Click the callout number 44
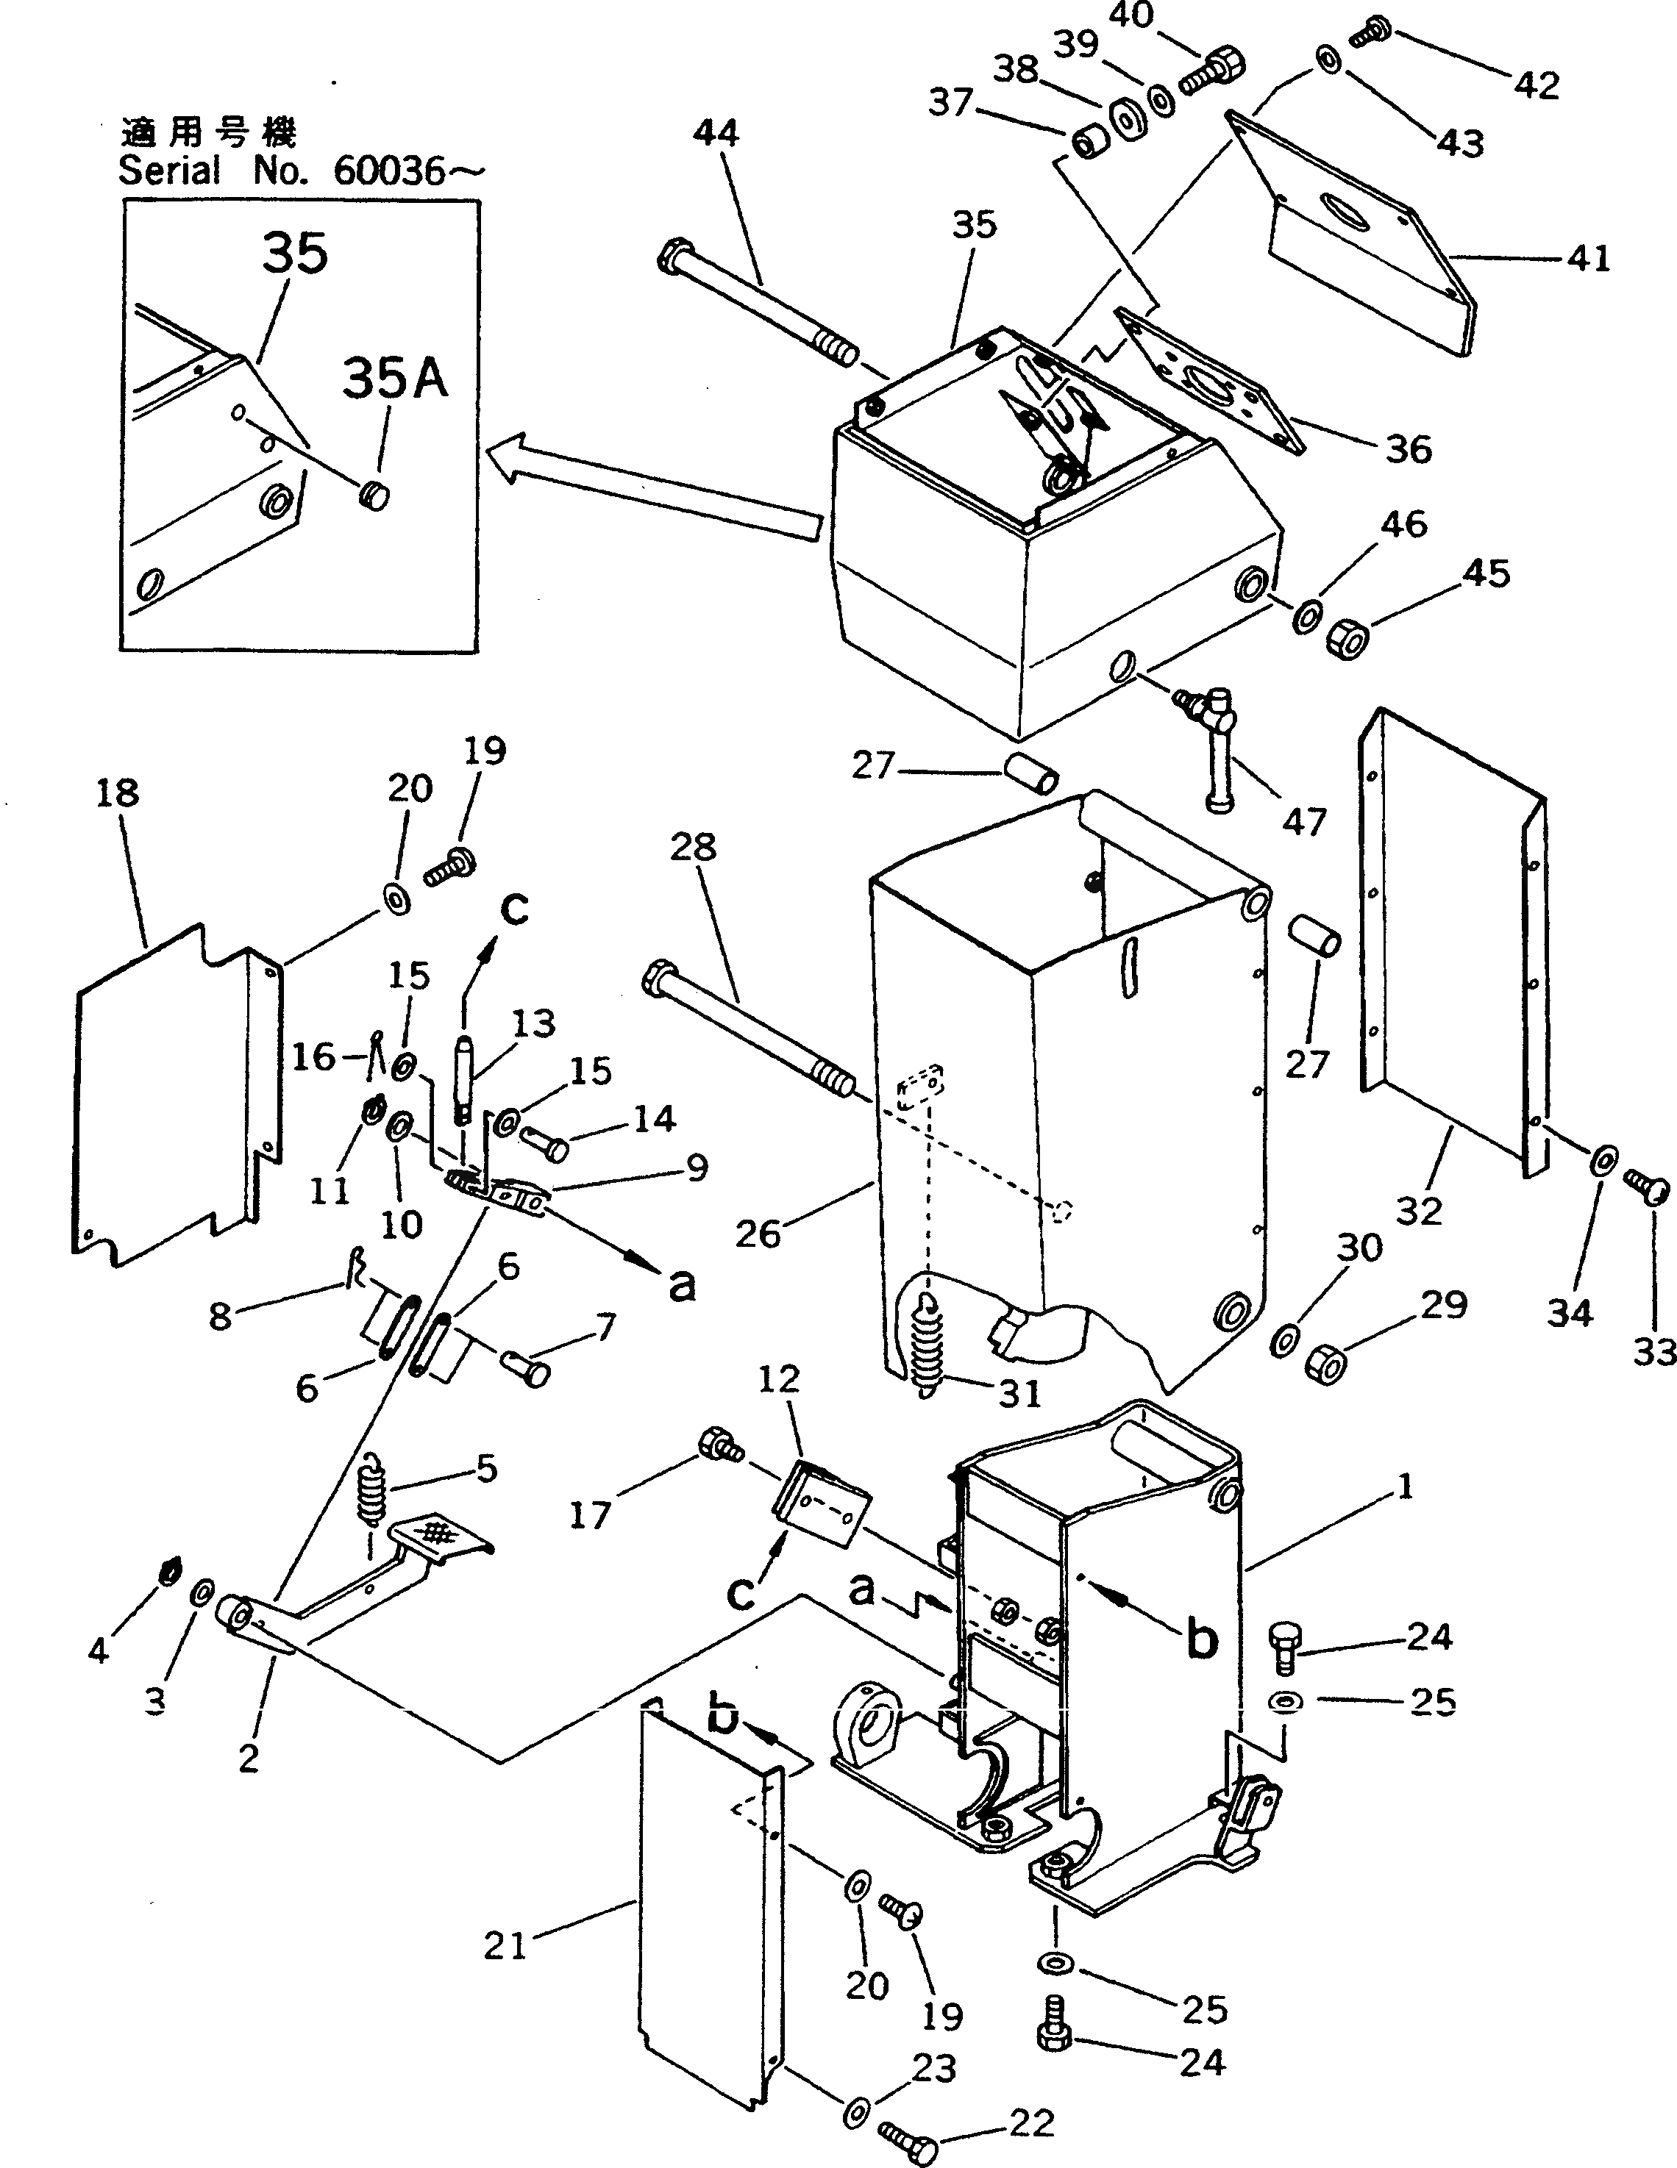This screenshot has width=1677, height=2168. point(716,133)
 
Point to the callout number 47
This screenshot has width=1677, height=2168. point(1303,821)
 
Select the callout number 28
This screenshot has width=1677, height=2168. point(693,845)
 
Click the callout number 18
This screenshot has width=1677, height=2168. point(117,793)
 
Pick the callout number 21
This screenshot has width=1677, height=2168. point(505,1946)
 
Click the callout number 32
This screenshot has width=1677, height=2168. point(1418,1210)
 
